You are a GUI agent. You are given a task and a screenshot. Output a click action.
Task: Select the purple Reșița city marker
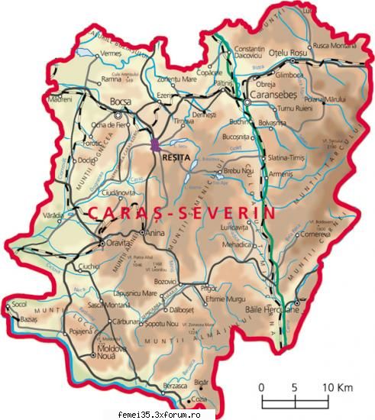click(x=155, y=144)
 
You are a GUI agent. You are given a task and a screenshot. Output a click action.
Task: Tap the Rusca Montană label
click(x=336, y=45)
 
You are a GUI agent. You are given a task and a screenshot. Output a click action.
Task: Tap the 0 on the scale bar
click(x=261, y=387)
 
